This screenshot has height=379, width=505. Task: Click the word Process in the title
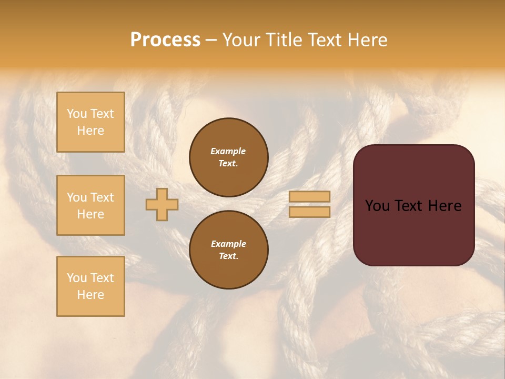(165, 40)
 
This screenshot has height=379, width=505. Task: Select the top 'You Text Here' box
(90, 122)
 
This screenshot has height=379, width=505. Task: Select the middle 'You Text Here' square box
(90, 205)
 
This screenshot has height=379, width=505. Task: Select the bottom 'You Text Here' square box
(90, 286)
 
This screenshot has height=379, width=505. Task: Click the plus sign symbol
(162, 204)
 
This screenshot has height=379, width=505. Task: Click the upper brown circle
(229, 157)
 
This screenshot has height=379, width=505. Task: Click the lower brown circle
(229, 250)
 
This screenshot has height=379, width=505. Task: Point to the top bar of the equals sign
(309, 196)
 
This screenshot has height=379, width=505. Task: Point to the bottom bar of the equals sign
(309, 212)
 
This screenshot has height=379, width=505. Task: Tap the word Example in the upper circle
(228, 151)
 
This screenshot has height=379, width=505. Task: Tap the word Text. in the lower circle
(228, 256)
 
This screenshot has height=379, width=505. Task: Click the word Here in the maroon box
(445, 206)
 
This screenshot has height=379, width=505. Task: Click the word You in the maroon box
(377, 206)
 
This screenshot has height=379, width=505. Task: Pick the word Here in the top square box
(90, 131)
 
